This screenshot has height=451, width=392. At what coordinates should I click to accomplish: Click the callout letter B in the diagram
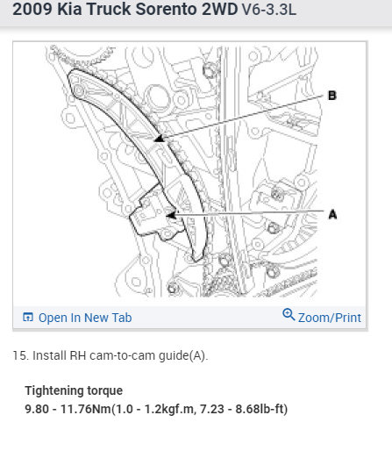(332, 96)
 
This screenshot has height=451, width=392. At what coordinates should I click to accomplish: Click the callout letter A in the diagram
(332, 214)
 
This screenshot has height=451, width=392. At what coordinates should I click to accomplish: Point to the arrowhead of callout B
(160, 139)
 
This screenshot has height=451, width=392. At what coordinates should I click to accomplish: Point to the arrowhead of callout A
(171, 216)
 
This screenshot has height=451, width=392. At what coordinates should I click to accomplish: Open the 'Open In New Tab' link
(85, 318)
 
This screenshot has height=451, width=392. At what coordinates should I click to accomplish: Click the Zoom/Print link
(330, 318)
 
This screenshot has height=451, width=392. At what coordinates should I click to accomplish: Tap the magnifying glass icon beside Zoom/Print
(289, 314)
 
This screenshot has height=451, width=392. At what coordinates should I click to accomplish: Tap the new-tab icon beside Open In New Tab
(28, 317)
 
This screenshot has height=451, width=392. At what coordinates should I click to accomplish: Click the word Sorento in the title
(167, 9)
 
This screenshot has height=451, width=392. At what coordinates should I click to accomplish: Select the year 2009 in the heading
(32, 9)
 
